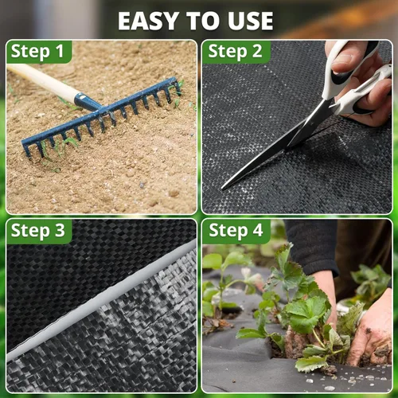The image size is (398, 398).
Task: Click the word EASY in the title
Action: (148, 21)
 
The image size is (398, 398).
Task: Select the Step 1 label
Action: (37, 51)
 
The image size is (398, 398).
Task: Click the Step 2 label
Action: (235, 51)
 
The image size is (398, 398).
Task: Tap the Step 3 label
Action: (38, 230)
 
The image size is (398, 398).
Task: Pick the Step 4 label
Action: (236, 230)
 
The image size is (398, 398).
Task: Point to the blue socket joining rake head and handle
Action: (87, 102)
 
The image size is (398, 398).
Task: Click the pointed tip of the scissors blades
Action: (223, 189)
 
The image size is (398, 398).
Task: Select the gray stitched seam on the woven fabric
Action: (102, 300)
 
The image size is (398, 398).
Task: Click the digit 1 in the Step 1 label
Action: (60, 51)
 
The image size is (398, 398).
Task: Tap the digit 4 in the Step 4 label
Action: (258, 230)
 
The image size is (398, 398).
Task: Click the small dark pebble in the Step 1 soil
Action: (142, 185)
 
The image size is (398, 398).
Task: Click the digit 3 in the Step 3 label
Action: (60, 230)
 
